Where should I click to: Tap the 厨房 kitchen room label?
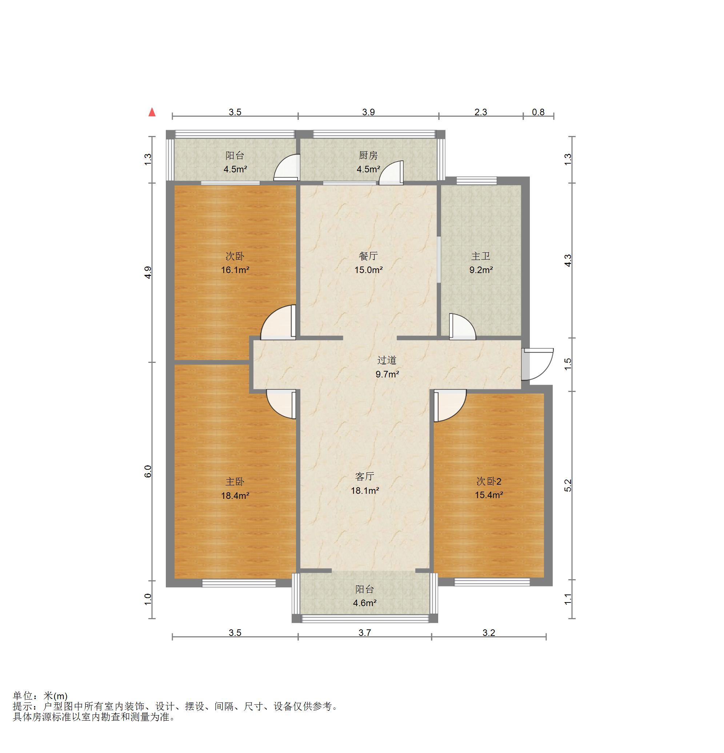(368, 156)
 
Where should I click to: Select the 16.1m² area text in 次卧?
(235, 270)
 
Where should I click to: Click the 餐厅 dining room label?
(368, 256)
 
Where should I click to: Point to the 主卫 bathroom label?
(481, 256)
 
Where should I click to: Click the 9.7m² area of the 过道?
(387, 374)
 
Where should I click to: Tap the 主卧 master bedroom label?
(235, 481)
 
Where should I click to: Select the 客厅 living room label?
(364, 476)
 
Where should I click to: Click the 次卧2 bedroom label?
(489, 481)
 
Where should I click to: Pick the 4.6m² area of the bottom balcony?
(364, 603)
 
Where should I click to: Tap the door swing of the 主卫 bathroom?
(462, 327)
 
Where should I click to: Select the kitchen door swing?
(391, 173)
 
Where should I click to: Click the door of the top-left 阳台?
(286, 168)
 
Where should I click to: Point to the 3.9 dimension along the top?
(368, 112)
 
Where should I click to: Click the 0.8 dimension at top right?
(538, 112)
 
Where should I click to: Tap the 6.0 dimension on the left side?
(148, 471)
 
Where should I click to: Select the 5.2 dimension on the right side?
(568, 485)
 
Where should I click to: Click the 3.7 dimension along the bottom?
(364, 633)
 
